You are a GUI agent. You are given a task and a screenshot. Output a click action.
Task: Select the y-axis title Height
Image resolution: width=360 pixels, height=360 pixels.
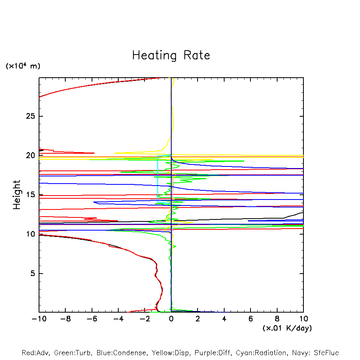[17, 195]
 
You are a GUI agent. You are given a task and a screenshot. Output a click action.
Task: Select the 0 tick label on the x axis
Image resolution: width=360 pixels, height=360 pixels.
[171, 319]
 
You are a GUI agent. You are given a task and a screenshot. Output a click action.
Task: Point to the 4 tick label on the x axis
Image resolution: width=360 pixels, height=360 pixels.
[224, 319]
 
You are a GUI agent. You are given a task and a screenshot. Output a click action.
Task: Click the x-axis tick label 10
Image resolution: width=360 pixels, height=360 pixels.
[303, 319]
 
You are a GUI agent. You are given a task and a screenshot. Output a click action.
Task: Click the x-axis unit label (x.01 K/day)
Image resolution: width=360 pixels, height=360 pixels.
[287, 328]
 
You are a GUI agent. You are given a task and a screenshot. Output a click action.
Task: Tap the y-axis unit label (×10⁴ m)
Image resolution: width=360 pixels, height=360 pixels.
[23, 66]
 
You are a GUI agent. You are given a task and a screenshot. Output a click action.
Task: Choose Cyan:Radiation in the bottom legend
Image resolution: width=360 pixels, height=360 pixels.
[261, 353]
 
